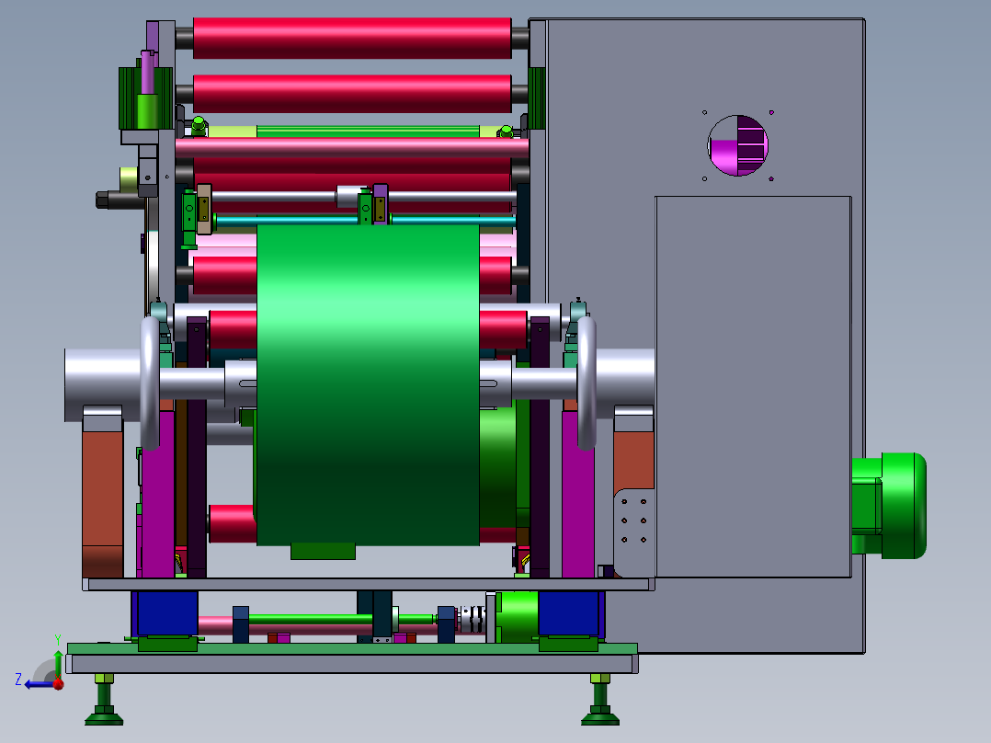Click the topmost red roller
pos(352,38)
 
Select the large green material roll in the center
pos(368,384)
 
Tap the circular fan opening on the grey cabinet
pos(737,145)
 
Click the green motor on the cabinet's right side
pos(889,506)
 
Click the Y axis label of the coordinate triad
pos(58,640)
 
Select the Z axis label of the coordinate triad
pos(18,680)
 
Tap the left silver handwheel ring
pos(149,383)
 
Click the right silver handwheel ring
pos(587,383)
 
